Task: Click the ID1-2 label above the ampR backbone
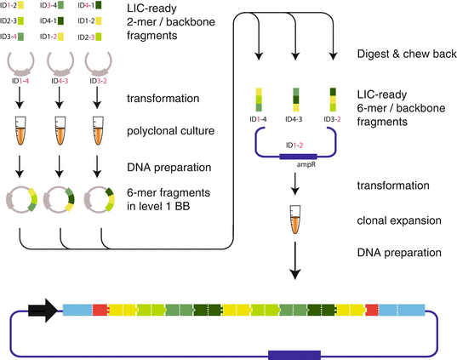click(294, 144)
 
